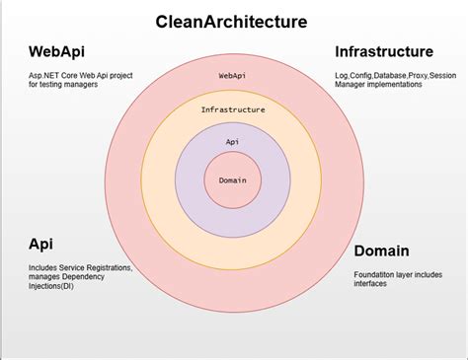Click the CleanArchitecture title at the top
231,21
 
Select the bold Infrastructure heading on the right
383,51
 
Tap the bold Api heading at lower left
40,243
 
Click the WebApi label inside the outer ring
232,75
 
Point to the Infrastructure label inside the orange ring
232,110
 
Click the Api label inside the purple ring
232,142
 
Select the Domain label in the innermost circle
232,180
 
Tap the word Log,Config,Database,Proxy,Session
394,75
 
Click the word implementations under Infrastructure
399,85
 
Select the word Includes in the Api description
45,267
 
